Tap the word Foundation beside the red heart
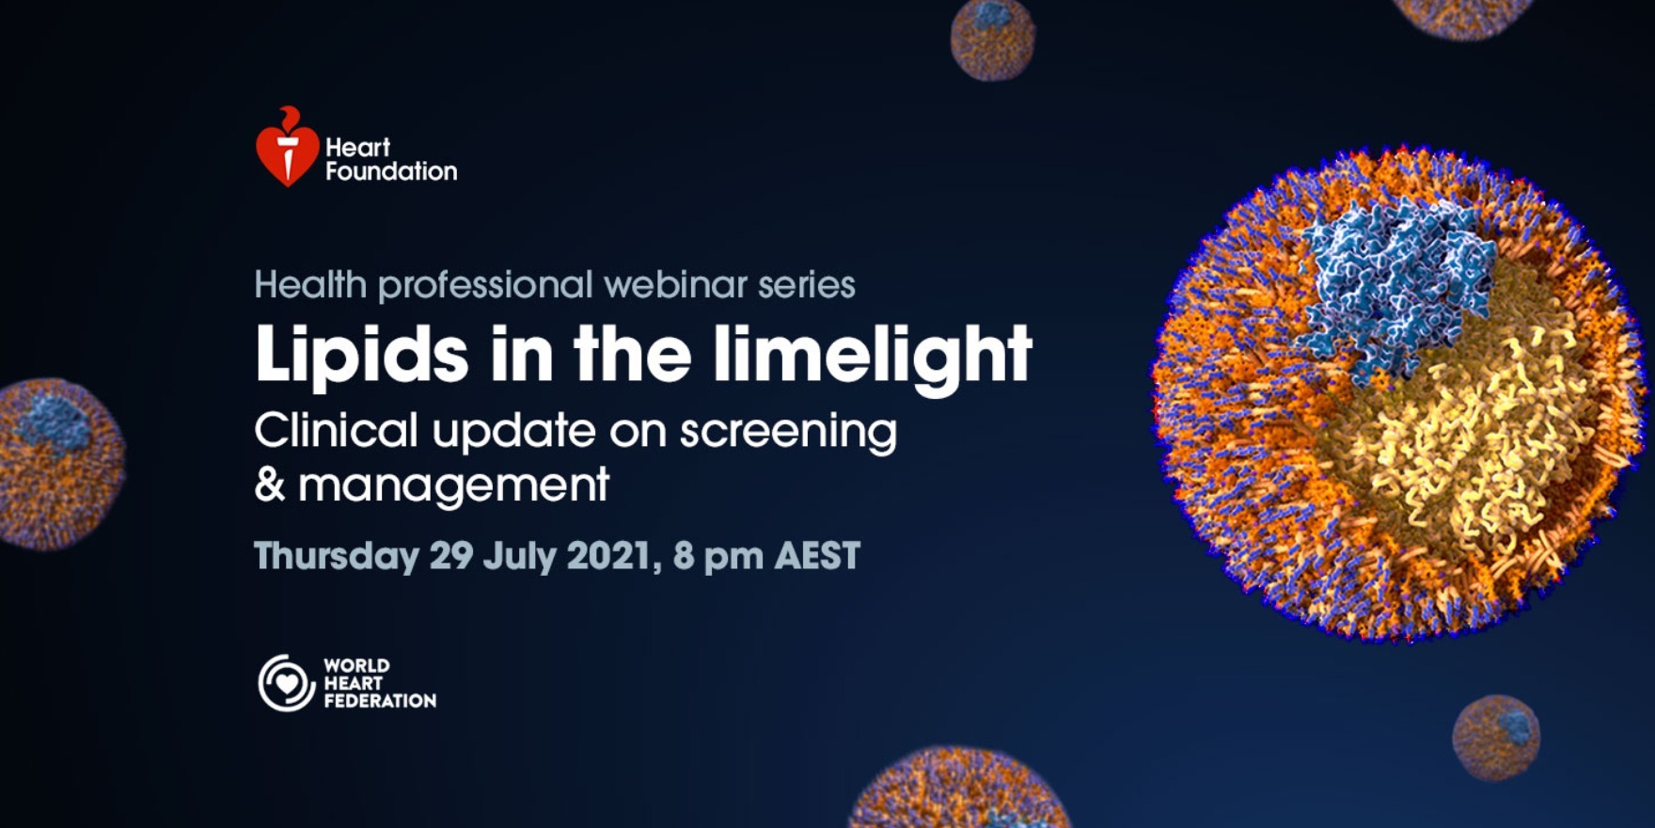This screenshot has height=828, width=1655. click(391, 171)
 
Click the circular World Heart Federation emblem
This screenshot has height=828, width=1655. click(286, 683)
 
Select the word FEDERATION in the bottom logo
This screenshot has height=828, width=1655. click(380, 701)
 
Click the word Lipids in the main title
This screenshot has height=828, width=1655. click(361, 356)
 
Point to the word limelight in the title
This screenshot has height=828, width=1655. click(872, 356)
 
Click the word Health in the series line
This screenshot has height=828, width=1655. click(309, 284)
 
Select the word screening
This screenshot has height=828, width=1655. click(788, 433)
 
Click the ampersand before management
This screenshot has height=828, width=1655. click(270, 486)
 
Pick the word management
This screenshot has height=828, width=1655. click(453, 487)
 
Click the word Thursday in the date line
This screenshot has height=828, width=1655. click(337, 556)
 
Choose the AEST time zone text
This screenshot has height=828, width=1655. click(816, 556)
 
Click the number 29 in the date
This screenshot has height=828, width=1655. click(451, 556)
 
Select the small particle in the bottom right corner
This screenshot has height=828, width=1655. click(1496, 738)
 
